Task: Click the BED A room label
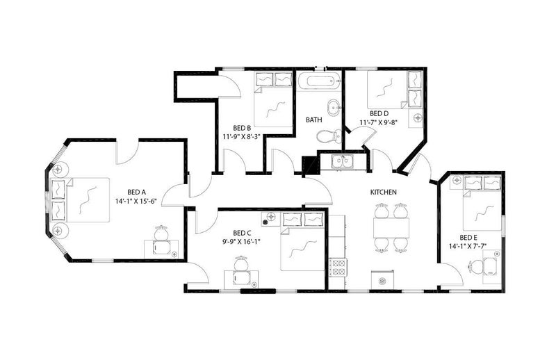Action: coord(136,193)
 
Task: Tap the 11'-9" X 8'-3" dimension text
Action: coord(242,136)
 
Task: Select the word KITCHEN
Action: coord(384,193)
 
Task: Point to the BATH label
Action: coord(314,120)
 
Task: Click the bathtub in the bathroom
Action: coord(319,81)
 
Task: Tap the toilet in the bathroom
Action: coord(328,136)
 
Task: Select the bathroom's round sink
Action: coord(334,108)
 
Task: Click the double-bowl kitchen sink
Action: coord(343,161)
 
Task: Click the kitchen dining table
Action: coord(391,228)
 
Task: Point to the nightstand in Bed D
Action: coord(415,118)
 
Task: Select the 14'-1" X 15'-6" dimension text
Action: coord(136,201)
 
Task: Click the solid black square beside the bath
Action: coord(309,164)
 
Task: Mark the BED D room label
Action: coord(379,113)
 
